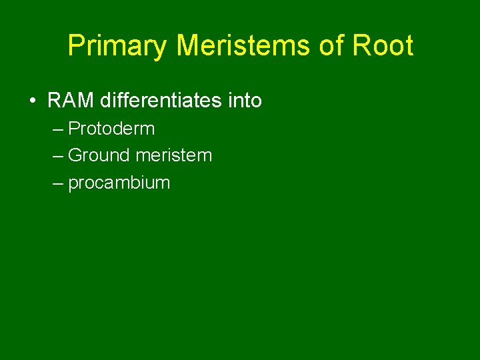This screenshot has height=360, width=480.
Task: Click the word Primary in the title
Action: click(x=118, y=46)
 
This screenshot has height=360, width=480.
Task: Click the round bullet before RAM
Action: click(x=32, y=101)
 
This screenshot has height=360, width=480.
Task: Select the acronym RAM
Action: click(x=71, y=101)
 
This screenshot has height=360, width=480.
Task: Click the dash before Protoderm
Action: click(x=57, y=129)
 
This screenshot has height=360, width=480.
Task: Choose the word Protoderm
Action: click(x=111, y=128)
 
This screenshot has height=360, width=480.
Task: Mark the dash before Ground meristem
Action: click(x=57, y=156)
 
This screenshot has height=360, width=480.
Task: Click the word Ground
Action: click(x=99, y=155)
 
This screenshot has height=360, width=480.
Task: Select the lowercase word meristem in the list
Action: click(x=173, y=155)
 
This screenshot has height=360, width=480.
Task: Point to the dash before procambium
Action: click(x=57, y=183)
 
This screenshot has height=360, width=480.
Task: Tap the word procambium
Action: click(x=119, y=183)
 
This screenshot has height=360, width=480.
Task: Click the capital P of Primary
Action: click(x=75, y=45)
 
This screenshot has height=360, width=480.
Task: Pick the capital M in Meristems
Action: click(x=189, y=45)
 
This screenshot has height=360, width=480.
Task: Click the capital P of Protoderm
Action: click(x=74, y=128)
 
